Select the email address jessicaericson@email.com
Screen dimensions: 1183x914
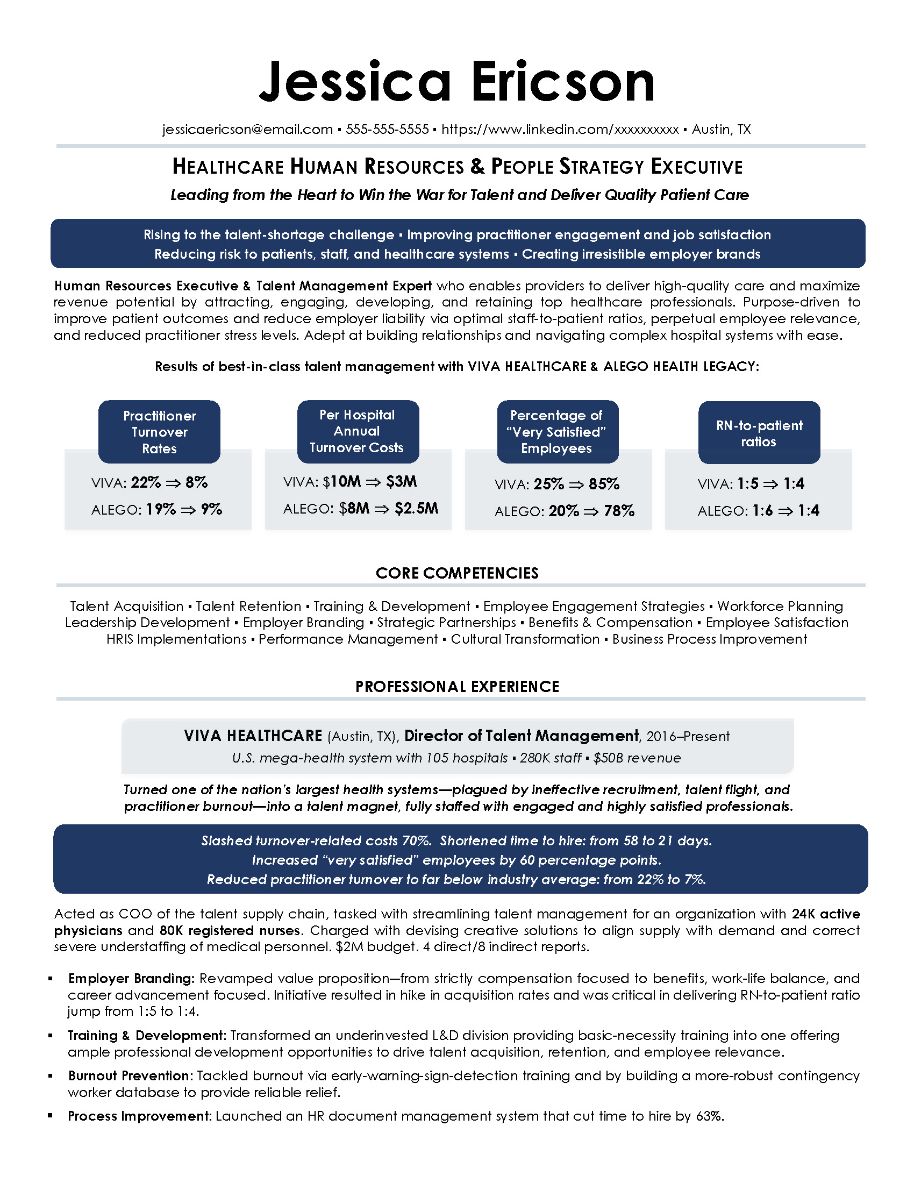[247, 130]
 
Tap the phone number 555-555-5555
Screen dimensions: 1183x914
[387, 130]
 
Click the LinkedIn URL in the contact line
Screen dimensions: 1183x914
[560, 130]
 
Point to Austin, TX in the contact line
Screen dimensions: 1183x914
[721, 130]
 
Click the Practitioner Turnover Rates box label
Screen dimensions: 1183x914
[159, 432]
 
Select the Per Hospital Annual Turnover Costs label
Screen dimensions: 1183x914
[358, 431]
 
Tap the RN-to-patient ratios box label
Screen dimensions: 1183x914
[759, 433]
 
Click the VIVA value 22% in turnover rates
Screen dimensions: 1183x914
[146, 482]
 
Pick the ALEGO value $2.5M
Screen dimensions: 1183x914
[416, 508]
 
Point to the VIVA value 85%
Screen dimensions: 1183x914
[604, 484]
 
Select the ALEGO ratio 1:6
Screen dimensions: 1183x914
[762, 510]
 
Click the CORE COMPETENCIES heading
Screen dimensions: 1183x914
[457, 573]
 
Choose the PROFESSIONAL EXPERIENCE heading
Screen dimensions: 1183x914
[457, 686]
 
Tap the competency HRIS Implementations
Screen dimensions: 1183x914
[176, 639]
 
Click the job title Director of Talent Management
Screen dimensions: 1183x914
[522, 736]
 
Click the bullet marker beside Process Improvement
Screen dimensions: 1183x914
[51, 1116]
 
